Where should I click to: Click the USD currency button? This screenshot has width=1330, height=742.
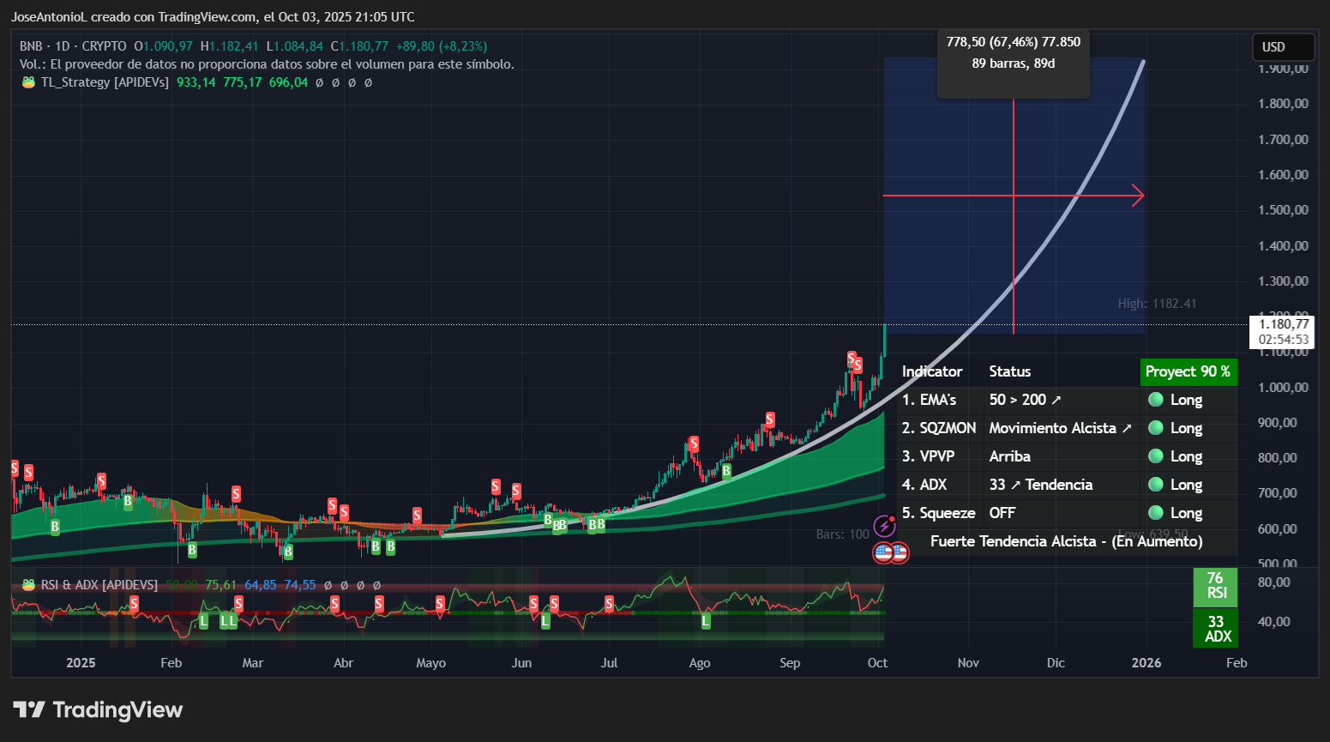coord(1282,47)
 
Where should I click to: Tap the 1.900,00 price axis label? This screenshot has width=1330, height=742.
coord(1283,69)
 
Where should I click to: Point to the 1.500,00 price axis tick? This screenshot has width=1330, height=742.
coord(1283,210)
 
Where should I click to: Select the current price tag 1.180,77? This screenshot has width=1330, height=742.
coord(1283,324)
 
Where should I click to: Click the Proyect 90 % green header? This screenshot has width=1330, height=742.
coord(1188,371)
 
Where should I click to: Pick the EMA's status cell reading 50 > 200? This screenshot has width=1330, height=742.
coord(1025,400)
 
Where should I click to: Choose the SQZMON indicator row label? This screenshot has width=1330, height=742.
coord(939,428)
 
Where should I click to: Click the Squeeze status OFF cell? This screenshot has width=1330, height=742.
coord(1002,513)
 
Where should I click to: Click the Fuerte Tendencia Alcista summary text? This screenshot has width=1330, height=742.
coord(1066,541)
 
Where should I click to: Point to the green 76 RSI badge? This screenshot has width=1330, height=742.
coord(1215,585)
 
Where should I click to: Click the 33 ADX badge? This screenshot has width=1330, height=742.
coord(1216,629)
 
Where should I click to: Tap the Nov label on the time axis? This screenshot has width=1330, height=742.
coord(968,663)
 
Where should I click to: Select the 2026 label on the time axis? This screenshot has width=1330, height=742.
coord(1146,663)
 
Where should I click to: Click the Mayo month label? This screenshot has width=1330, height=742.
coord(430,663)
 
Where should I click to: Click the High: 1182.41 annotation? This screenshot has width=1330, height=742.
coord(1157,304)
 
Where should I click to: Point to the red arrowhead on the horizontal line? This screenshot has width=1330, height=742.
coord(1139,196)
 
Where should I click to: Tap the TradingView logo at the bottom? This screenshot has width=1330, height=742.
coord(98,710)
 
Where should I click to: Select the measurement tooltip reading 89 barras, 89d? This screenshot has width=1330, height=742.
coord(1013,63)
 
